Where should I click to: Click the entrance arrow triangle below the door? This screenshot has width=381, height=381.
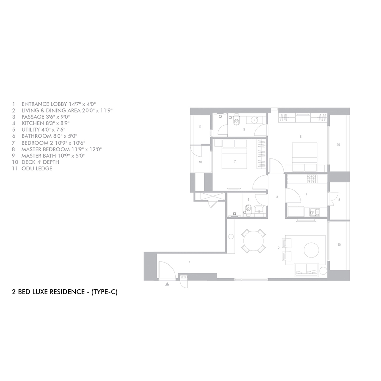167,284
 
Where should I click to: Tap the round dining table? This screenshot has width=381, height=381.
253,241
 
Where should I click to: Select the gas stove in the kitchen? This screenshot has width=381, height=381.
312,179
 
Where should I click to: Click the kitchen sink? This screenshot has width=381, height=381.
315,212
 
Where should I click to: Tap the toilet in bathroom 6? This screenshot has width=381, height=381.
248,209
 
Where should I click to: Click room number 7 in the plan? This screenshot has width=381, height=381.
235,161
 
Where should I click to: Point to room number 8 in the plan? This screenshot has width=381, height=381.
301,137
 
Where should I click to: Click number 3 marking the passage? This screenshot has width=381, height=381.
277,197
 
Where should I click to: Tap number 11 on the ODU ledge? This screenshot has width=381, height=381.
200,127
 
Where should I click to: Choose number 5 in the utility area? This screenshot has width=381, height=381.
339,200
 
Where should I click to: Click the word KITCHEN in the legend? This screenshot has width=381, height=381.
32,123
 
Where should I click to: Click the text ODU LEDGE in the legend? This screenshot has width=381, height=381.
37,168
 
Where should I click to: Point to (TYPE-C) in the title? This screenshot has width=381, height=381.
104,292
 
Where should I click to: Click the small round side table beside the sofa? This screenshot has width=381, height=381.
323,271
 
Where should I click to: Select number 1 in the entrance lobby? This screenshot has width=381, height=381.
189,262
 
